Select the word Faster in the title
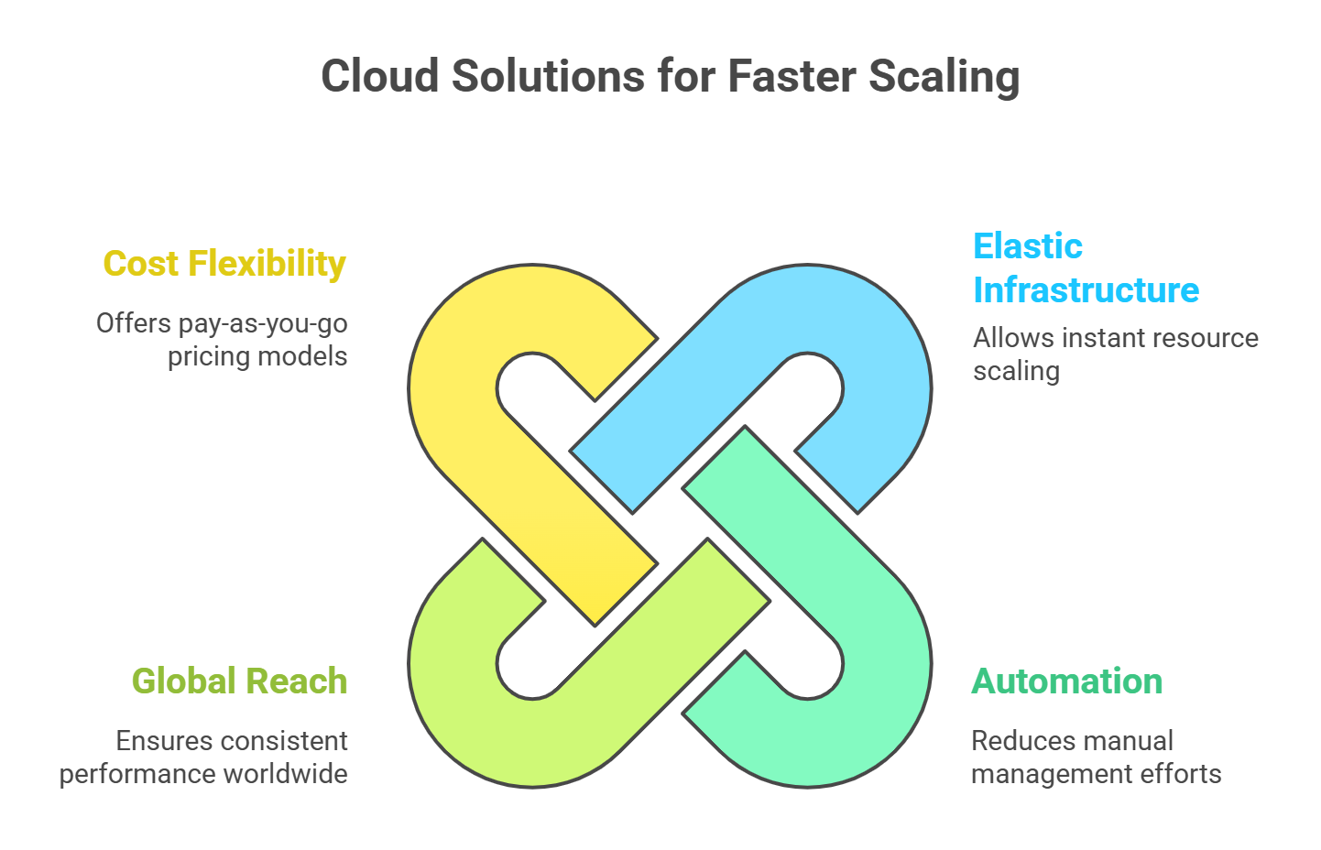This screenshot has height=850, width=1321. tap(791, 76)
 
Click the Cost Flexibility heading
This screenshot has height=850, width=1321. tap(224, 264)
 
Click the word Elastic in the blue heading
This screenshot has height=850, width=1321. tap(1027, 246)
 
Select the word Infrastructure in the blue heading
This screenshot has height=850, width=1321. tap(1086, 290)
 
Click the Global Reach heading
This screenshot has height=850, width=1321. tap(239, 681)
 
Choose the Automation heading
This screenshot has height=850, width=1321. tap(1066, 681)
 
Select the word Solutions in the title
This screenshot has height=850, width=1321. tap(547, 76)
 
